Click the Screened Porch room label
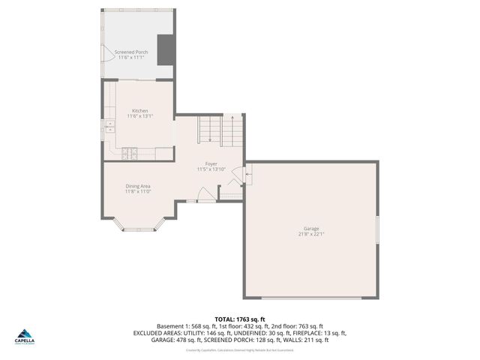point(130,52)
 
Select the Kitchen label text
point(139,111)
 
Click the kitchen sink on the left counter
point(109,126)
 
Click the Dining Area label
point(138,185)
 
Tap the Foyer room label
point(211,163)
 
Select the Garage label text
point(311,228)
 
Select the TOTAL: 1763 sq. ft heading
point(240,319)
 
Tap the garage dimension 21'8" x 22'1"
point(311,234)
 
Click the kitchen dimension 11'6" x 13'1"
point(139,116)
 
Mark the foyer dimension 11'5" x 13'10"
point(211,169)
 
